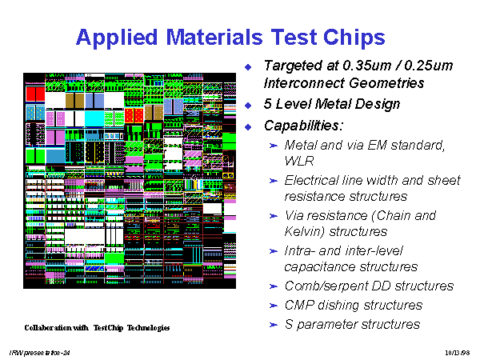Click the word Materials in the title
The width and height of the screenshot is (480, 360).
214,37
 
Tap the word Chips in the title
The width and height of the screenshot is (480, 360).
354,38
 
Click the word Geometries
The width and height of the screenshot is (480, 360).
386,83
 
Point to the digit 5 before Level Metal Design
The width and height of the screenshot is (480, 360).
267,104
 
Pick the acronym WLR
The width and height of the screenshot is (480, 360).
299,161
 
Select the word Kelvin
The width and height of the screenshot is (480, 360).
304,231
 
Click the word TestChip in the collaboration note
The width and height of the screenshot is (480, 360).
108,328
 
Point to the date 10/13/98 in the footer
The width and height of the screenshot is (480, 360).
458,353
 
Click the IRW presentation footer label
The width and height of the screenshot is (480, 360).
40,353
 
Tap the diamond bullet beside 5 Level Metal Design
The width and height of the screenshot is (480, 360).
248,106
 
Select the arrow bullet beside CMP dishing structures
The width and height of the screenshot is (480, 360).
274,306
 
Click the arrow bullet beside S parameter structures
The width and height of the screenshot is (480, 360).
274,325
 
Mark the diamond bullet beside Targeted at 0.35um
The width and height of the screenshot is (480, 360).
248,67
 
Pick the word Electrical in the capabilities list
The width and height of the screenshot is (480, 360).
310,180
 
